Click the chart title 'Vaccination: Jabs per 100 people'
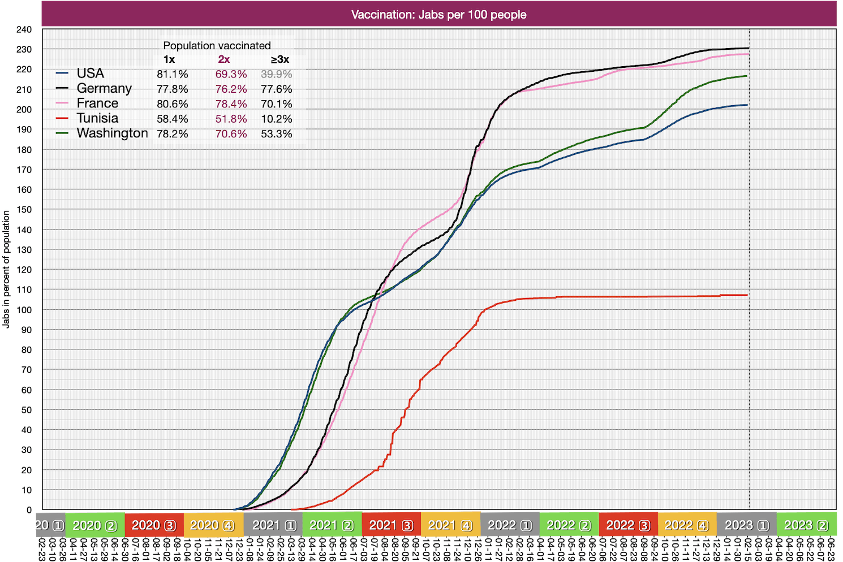point(438,14)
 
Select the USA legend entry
point(90,74)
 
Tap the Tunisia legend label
point(97,118)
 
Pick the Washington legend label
point(112,133)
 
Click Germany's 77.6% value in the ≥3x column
point(276,89)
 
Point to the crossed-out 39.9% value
point(276,74)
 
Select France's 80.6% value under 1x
point(173,104)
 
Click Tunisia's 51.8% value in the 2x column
point(231,119)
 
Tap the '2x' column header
point(224,59)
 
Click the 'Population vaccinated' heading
point(217,45)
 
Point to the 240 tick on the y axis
point(24,29)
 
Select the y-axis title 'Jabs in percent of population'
point(7,269)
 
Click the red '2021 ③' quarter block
point(391,525)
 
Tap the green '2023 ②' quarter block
point(806,525)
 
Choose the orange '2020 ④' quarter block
point(213,525)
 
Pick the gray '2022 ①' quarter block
point(509,525)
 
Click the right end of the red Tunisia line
point(747,295)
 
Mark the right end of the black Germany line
point(748,48)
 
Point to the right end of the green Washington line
point(747,76)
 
